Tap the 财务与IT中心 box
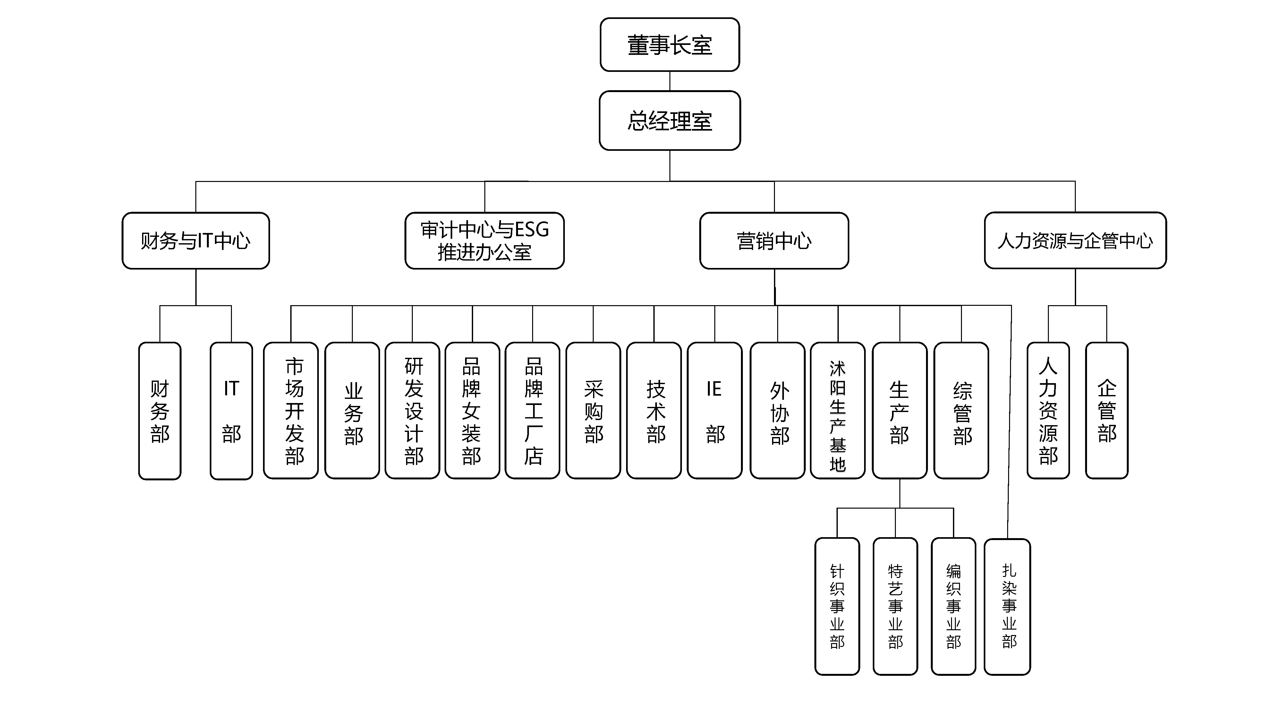[196, 241]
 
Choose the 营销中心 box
[774, 241]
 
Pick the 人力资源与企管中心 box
[1075, 241]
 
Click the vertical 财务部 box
[160, 411]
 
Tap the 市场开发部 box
[291, 411]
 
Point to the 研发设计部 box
[412, 411]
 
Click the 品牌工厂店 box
[532, 411]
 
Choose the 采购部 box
[593, 411]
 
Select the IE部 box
[715, 411]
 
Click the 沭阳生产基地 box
[838, 411]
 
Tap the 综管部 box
[961, 411]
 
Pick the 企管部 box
[1107, 411]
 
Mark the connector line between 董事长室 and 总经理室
[670, 81]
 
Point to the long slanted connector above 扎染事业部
[1010, 424]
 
